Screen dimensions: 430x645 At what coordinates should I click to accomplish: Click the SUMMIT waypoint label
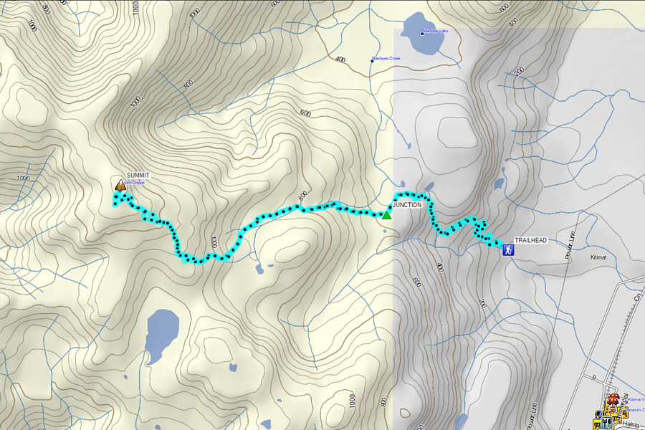[138, 176]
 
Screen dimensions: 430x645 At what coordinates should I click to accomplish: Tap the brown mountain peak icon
[120, 186]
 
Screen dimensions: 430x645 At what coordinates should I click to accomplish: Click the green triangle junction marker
[386, 214]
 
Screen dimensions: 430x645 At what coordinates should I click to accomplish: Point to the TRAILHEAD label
[531, 242]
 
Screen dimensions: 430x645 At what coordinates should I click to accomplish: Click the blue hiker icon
[508, 250]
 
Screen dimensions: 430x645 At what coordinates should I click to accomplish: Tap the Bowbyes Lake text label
[434, 32]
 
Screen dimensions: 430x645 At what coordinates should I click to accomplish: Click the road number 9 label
[593, 377]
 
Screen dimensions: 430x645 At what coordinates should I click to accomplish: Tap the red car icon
[613, 399]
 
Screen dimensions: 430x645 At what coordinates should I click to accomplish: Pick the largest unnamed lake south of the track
[161, 333]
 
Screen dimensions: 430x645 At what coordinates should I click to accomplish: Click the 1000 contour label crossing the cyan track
[214, 242]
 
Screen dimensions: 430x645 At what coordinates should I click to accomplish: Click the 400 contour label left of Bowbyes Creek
[340, 59]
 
